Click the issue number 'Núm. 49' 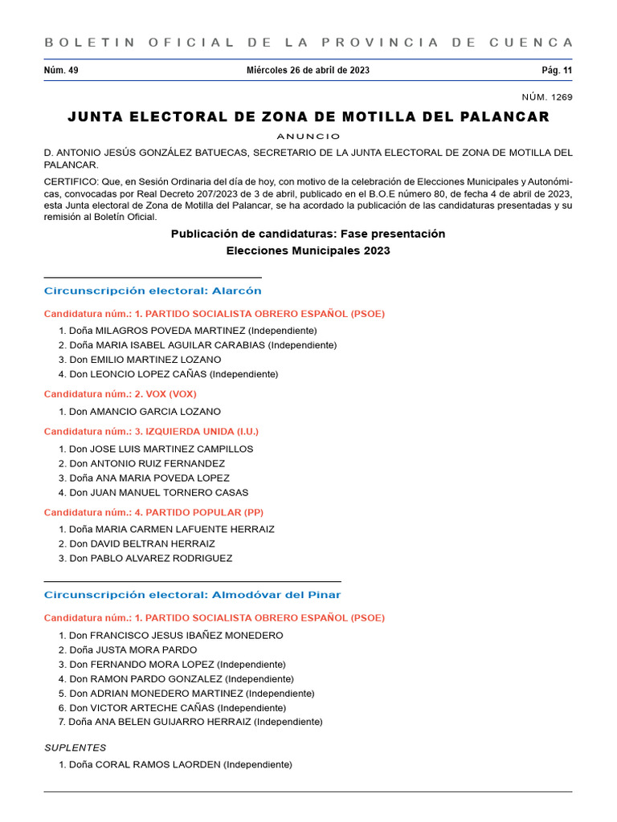tap(61, 71)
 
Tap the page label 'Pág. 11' tap(557, 71)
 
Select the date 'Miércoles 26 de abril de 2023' tap(308, 71)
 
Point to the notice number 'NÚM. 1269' tap(547, 97)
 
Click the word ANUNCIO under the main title tap(308, 136)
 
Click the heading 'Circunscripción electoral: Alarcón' tap(153, 291)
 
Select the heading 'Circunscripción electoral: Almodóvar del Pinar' tap(192, 595)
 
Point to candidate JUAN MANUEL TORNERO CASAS tap(169, 493)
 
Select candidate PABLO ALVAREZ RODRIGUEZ tap(161, 559)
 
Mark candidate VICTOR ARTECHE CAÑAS tap(152, 708)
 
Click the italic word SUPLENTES tap(75, 747)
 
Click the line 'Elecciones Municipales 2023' tap(308, 251)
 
